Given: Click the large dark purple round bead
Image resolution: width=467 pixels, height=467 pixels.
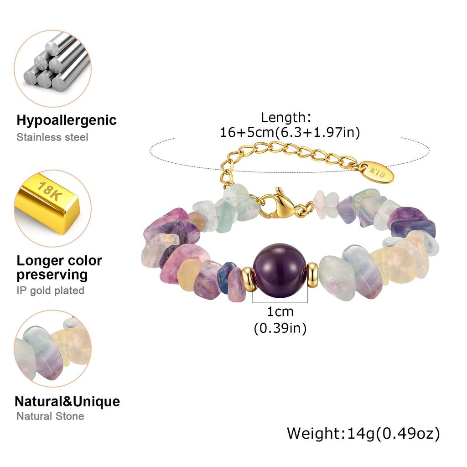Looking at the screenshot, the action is click(280, 270).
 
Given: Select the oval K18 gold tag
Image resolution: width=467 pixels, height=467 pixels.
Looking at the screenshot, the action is click(377, 172).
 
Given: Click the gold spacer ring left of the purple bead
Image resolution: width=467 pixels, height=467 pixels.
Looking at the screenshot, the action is click(249, 279).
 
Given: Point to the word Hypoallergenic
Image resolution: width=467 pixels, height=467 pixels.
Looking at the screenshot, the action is click(67, 120).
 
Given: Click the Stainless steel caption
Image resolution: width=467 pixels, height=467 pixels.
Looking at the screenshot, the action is click(52, 137).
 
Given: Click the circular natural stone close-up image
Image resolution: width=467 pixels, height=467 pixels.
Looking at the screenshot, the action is click(53, 348).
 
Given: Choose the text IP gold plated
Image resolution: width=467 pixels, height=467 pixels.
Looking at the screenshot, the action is click(50, 291).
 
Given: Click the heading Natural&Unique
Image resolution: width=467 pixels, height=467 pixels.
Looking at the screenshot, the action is click(67, 401).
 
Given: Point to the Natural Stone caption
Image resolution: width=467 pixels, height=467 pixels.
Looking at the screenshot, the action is click(50, 416).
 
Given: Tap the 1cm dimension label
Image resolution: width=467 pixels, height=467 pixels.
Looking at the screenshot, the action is click(280, 312).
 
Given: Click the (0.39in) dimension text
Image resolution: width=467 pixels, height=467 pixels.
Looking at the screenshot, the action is click(280, 328).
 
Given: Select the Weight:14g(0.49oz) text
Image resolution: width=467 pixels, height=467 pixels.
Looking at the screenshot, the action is click(363, 433).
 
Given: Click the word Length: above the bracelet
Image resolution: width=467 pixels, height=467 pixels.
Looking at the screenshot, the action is click(286, 117).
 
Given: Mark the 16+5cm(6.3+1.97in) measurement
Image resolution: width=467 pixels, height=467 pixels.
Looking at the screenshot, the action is click(290, 132).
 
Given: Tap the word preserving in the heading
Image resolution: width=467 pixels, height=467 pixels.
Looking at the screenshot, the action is click(52, 275).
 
